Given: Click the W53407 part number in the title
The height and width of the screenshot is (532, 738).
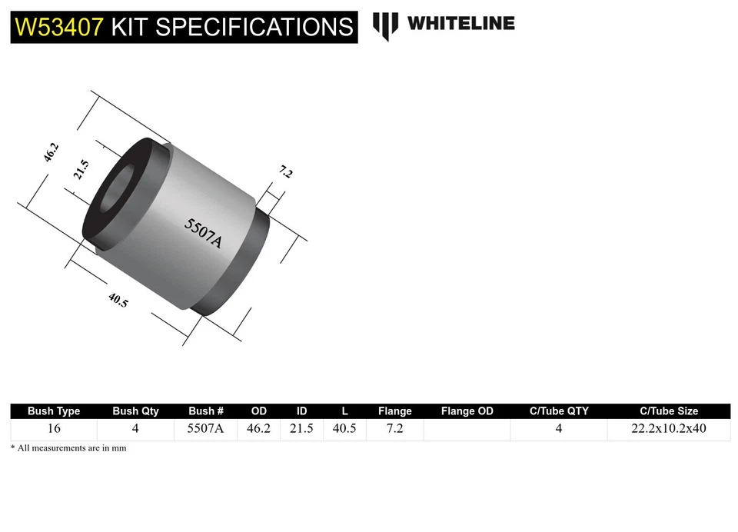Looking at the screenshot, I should tap(59, 26).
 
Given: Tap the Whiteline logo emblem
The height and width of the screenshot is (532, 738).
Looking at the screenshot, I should tap(385, 25).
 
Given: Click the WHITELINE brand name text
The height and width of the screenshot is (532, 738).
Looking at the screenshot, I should tap(460, 23).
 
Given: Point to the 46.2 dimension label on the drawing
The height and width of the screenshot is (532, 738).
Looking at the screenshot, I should tap(52, 152).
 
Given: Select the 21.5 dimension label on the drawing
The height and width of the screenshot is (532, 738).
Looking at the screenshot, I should tap(81, 169).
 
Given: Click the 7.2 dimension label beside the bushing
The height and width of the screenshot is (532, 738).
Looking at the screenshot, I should tap(285, 172).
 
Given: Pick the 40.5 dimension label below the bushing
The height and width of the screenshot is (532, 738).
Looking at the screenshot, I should tap(118, 301).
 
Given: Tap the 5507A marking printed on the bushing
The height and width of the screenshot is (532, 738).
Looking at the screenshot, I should tap(203, 233).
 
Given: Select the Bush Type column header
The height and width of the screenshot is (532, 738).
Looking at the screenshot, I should tap(54, 411).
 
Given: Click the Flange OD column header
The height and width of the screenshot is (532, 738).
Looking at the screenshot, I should tap(467, 411).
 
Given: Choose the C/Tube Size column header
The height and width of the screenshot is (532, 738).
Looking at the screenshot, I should tap(669, 411).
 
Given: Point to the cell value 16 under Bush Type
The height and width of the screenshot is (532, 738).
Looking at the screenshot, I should tap(54, 429).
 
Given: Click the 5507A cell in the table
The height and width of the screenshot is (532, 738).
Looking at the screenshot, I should tap(205, 429).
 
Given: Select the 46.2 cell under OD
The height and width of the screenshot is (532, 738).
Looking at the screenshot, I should tap(258, 429).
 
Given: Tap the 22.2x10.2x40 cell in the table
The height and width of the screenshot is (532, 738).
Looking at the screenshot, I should tap(669, 429).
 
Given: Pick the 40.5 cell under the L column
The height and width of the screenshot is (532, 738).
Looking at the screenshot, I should tap(344, 429).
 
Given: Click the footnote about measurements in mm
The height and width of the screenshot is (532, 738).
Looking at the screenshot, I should tap(68, 448).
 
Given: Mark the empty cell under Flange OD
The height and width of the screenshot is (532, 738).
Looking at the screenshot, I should tap(467, 429).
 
